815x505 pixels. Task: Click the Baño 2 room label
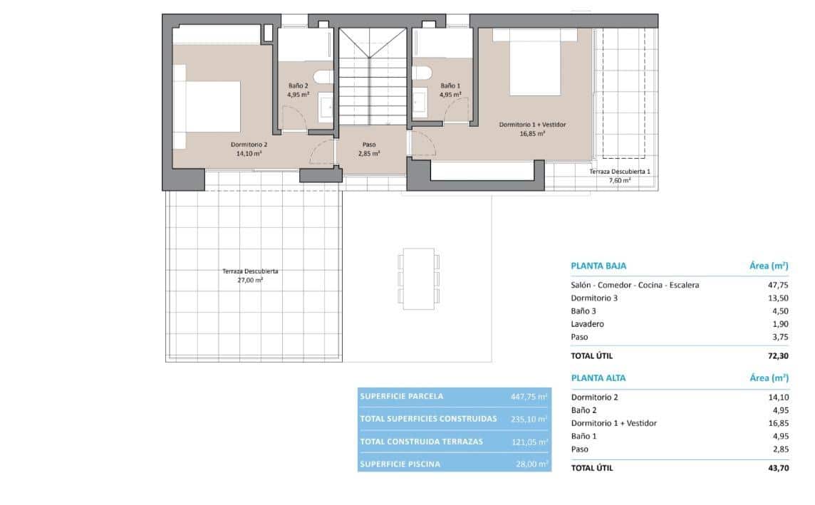(x=298, y=85)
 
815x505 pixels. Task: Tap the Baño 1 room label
(x=450, y=85)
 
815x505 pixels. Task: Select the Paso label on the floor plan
(x=369, y=144)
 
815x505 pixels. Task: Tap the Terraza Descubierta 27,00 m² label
(x=250, y=271)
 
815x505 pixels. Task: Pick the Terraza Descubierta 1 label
(x=619, y=172)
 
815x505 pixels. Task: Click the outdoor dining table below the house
(x=418, y=278)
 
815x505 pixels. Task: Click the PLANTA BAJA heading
(x=598, y=266)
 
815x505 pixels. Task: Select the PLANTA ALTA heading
(x=598, y=378)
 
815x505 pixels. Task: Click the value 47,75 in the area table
(x=776, y=285)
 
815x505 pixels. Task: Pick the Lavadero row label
(x=588, y=324)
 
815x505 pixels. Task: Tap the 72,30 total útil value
(x=776, y=355)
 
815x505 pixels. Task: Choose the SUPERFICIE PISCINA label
(x=400, y=464)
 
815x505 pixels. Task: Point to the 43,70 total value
(x=776, y=468)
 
